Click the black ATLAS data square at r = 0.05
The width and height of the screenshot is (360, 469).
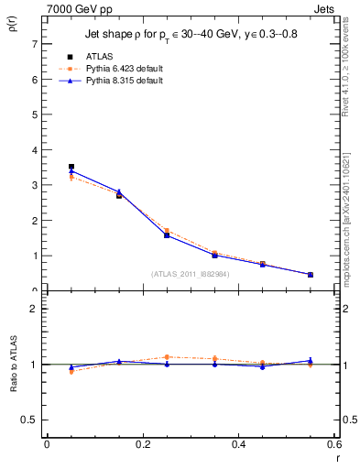[x=71, y=167]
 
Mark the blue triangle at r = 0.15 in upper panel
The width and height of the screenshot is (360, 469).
[x=119, y=191]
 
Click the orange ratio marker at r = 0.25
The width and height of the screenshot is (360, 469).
[x=167, y=357]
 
